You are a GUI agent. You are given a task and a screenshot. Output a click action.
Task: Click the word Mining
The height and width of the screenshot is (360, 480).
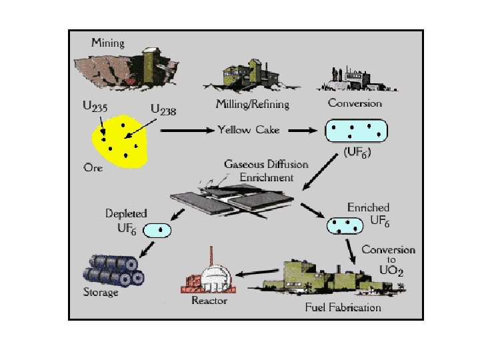108,43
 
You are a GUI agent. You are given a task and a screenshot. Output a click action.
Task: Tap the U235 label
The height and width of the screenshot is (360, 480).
95,106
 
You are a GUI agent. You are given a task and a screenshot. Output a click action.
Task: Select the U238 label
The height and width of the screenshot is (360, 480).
163,109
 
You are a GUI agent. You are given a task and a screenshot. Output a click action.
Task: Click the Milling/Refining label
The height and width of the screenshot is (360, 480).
252,104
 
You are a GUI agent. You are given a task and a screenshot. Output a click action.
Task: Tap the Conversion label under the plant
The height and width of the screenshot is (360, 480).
355,103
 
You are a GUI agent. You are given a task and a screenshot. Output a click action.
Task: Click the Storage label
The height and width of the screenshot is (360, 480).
101,291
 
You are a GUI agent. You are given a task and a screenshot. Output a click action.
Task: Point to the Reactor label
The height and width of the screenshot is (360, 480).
209,301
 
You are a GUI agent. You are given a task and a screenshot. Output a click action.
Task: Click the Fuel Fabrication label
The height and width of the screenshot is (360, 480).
343,307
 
